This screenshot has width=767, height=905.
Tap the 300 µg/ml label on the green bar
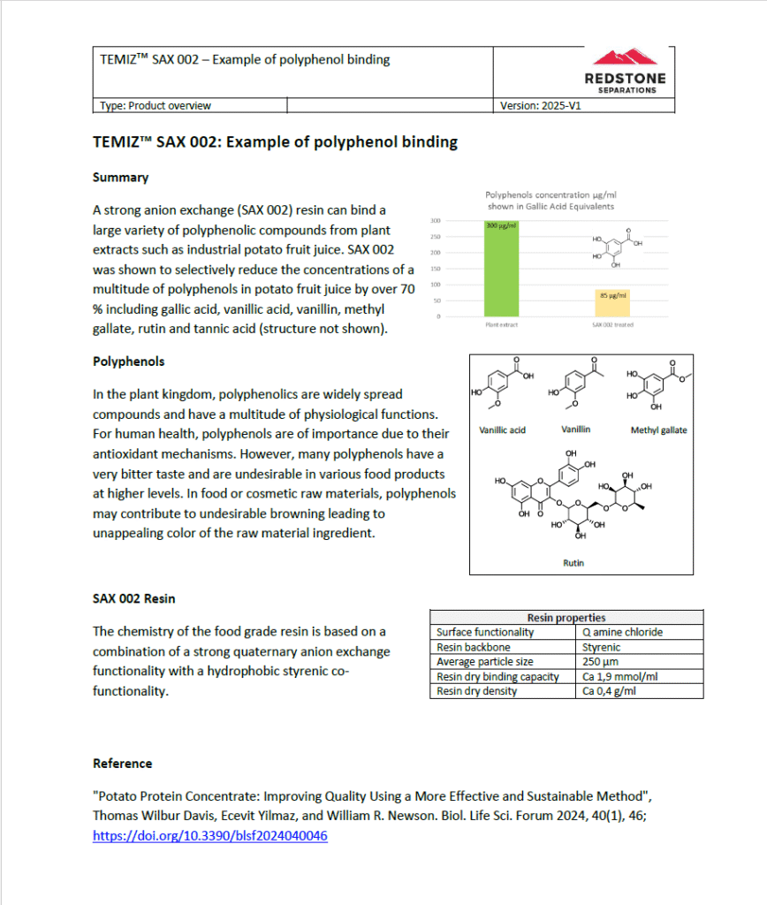coord(501,226)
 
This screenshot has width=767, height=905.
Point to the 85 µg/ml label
coord(612,295)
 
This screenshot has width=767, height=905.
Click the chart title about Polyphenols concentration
coord(550,199)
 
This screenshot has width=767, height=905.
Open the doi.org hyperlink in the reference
coord(209,835)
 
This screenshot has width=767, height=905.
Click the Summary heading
coord(120,177)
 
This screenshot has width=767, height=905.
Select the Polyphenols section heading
coord(128,361)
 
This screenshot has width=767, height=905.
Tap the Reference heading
coord(122,763)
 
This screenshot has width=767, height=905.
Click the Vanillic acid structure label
coord(502,430)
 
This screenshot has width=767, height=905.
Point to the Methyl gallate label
coord(658,430)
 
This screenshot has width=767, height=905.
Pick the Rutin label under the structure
coord(573,562)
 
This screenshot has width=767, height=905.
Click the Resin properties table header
coord(566,618)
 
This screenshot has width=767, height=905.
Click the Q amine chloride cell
coord(622,632)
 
